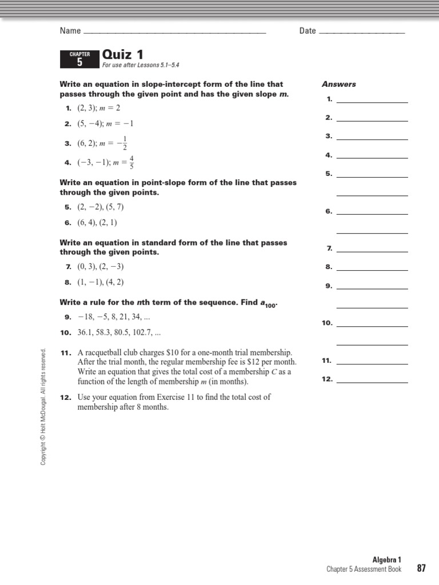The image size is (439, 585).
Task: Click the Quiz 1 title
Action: coord(122,55)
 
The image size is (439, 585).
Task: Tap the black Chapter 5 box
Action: coord(79,59)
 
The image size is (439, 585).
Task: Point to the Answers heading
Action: coord(338,84)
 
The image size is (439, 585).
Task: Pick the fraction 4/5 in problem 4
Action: coord(131,162)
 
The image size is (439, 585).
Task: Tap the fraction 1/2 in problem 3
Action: coord(125,143)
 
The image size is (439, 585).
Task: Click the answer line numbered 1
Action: coord(372,102)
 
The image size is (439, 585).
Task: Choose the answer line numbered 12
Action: coord(372,381)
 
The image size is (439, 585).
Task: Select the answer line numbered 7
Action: coord(372,251)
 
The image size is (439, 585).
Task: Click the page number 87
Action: coord(421,568)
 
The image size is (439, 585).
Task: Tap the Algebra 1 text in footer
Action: coord(387,560)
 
